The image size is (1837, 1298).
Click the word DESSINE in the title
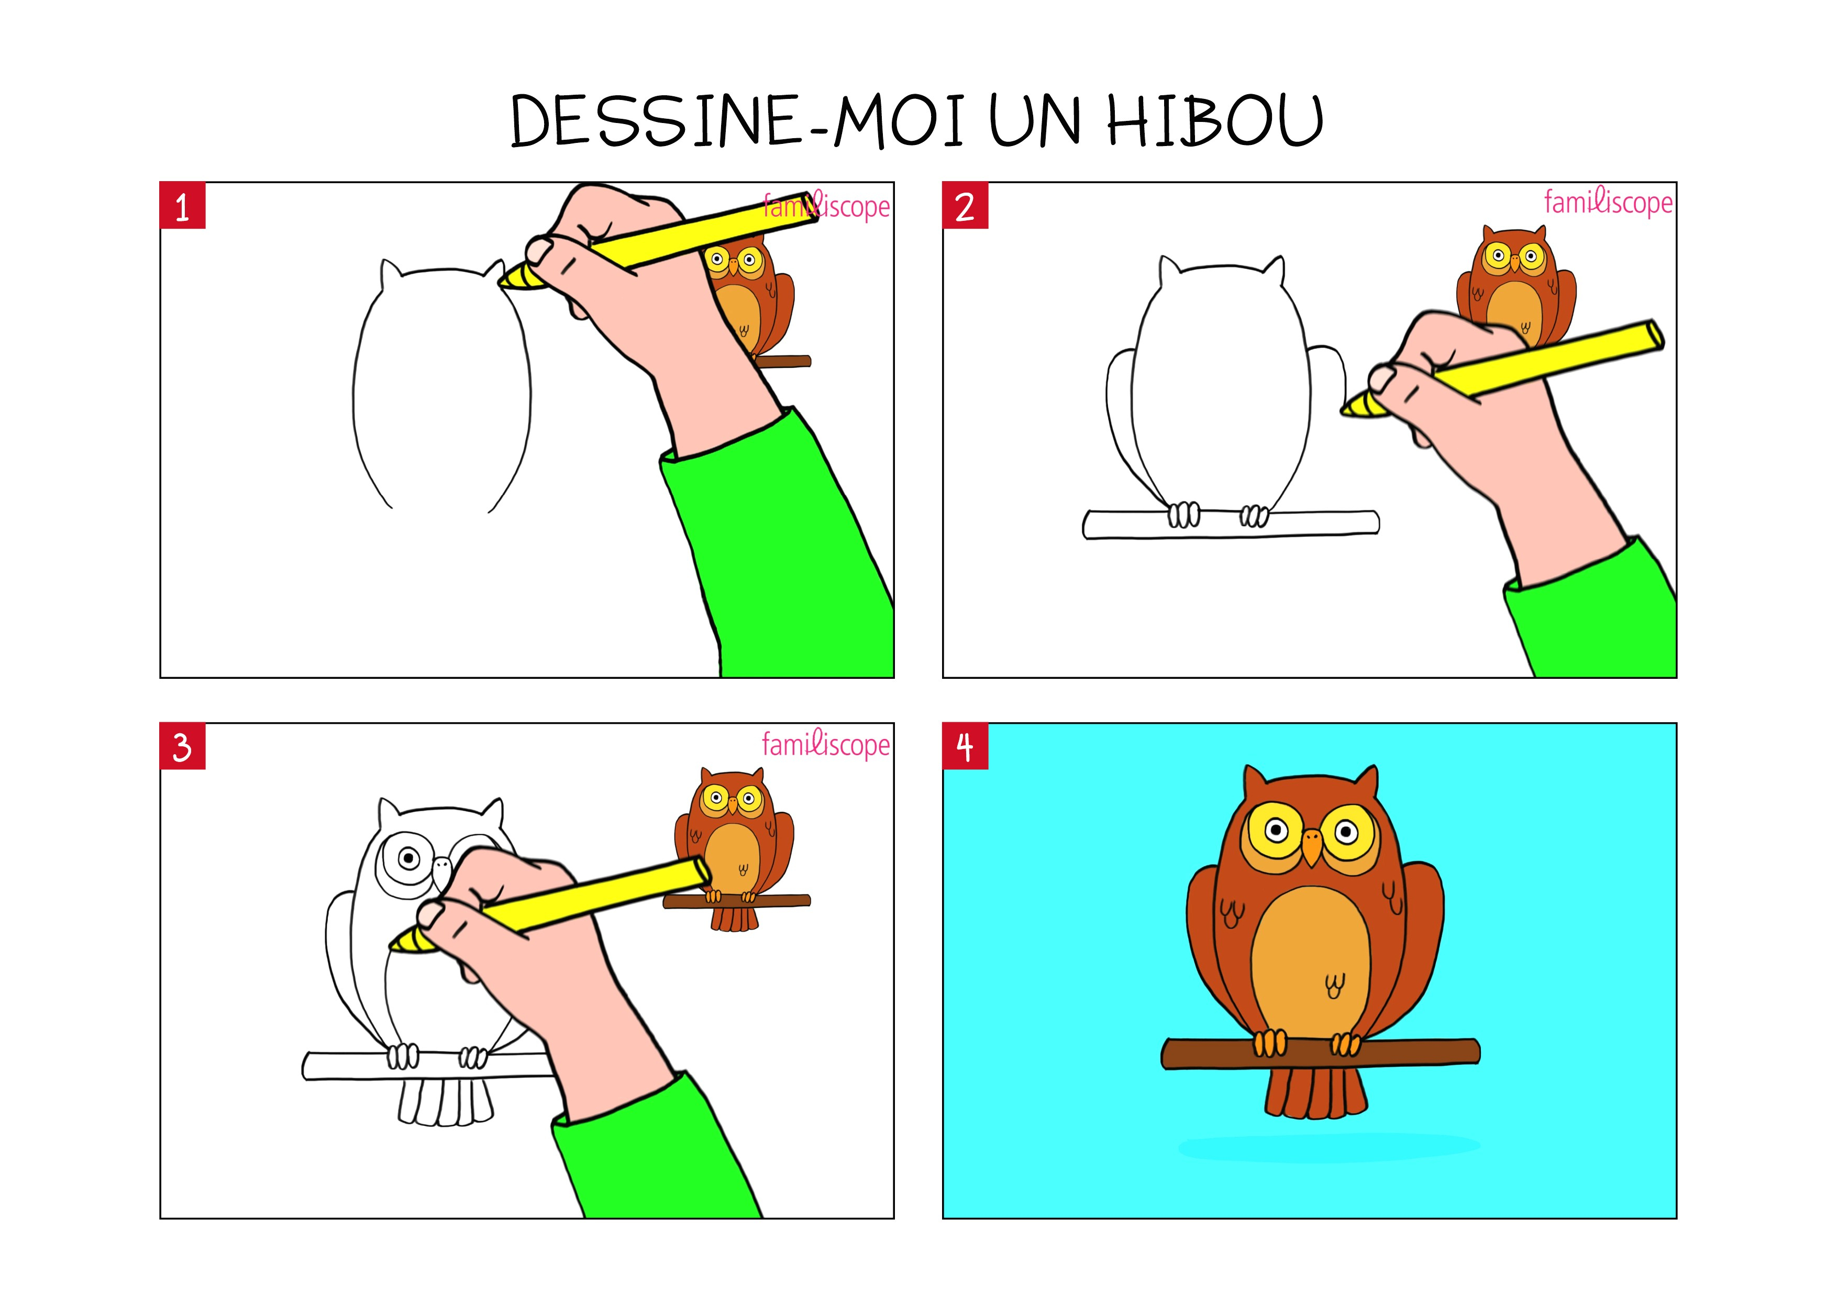(x=655, y=121)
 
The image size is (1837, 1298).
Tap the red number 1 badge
(x=182, y=206)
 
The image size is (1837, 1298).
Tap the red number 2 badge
(x=965, y=206)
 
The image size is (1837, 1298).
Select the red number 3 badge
(x=182, y=747)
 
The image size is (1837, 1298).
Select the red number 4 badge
(x=965, y=747)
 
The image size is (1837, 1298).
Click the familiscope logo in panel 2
(x=1608, y=203)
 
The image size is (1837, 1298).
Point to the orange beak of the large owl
(x=1311, y=847)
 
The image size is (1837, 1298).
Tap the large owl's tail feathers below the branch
(x=1315, y=1092)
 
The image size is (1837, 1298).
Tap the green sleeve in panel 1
(x=776, y=544)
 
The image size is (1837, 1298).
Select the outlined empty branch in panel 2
(x=1231, y=524)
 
